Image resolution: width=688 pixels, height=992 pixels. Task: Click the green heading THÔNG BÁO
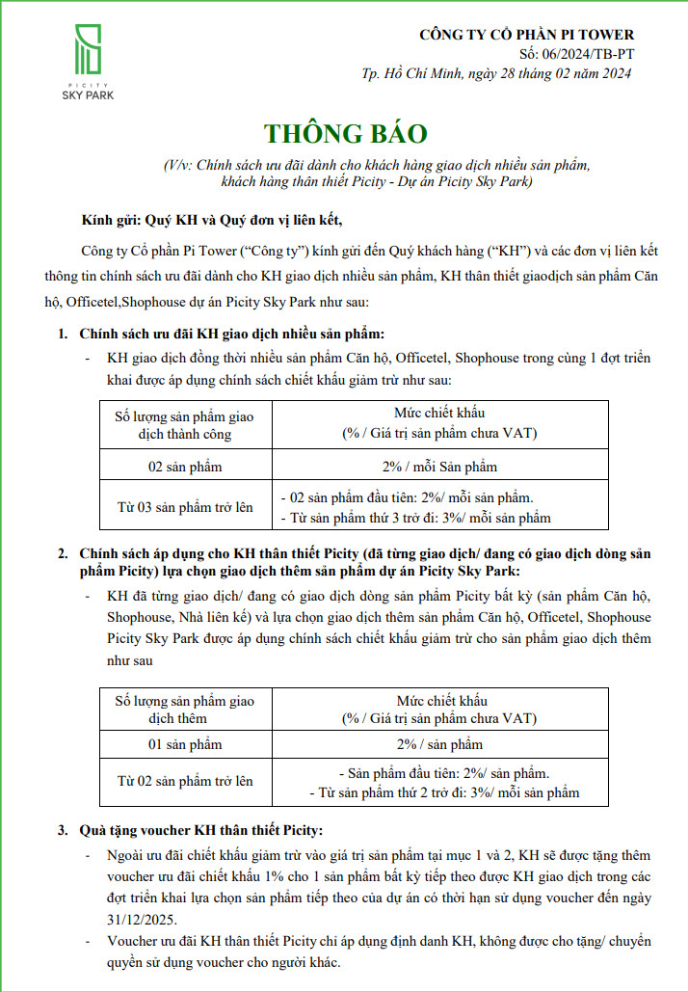click(x=344, y=133)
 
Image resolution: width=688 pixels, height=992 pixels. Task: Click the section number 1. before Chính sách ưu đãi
click(x=62, y=335)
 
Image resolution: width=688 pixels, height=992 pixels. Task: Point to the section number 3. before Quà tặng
click(x=62, y=830)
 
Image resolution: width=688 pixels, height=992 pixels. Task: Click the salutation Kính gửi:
click(x=110, y=218)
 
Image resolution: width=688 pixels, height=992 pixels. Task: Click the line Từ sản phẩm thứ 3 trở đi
click(x=415, y=518)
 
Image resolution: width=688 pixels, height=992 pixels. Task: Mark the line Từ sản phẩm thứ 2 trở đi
click(x=444, y=792)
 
